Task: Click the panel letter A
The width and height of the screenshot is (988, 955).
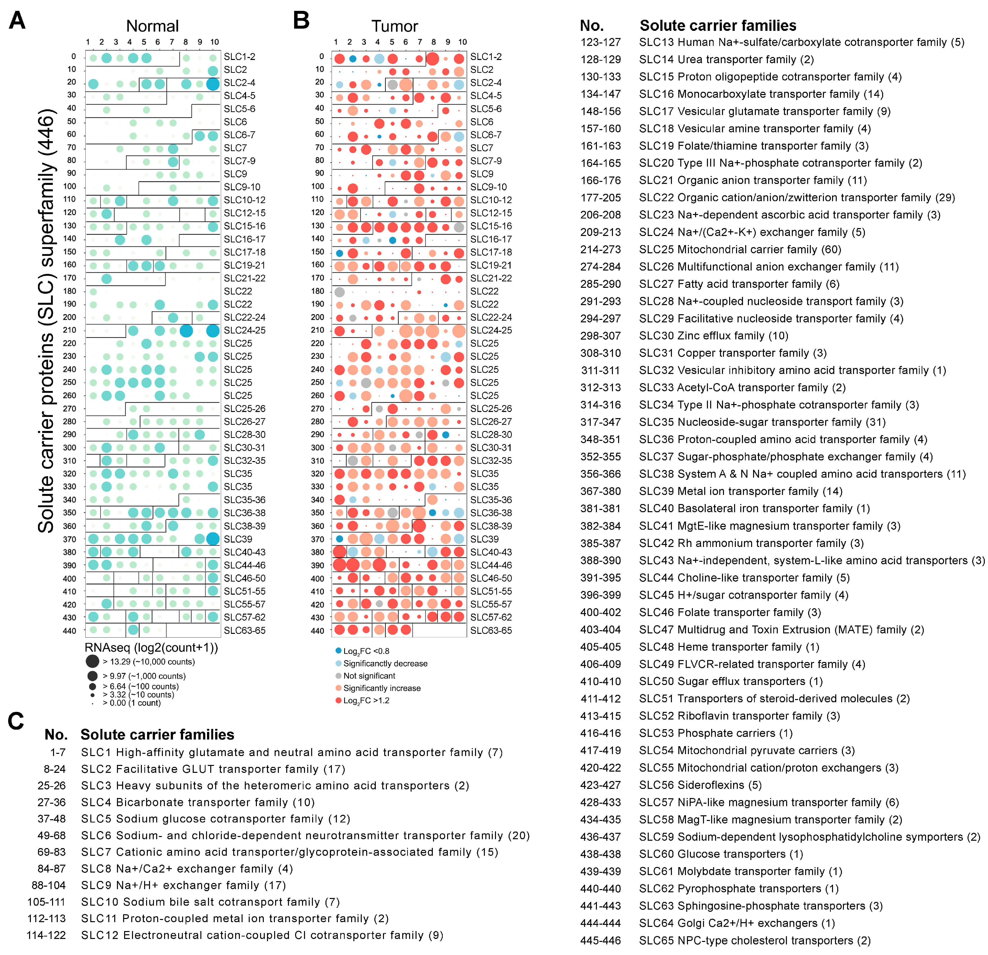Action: (x=17, y=21)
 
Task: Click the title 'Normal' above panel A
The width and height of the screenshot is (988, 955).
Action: (x=152, y=26)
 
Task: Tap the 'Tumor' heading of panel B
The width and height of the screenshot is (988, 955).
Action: (x=395, y=26)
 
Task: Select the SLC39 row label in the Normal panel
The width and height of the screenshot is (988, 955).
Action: (x=238, y=539)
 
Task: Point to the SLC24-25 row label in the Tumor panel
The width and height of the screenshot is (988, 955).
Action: (x=491, y=330)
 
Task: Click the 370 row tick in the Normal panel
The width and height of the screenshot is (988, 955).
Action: (x=70, y=539)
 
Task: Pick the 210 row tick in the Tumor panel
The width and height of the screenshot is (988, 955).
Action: (x=318, y=330)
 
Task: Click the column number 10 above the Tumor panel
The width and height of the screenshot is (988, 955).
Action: (x=462, y=42)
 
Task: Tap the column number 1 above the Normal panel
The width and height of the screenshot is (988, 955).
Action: (x=88, y=42)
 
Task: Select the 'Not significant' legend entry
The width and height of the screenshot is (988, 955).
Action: (x=369, y=676)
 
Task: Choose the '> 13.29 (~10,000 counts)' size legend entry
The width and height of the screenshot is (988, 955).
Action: (x=148, y=662)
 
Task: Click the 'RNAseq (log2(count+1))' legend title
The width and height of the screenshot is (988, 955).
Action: (x=151, y=647)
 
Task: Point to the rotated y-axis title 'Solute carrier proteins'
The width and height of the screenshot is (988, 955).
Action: (x=46, y=323)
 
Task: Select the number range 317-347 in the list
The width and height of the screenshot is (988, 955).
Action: (x=600, y=422)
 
